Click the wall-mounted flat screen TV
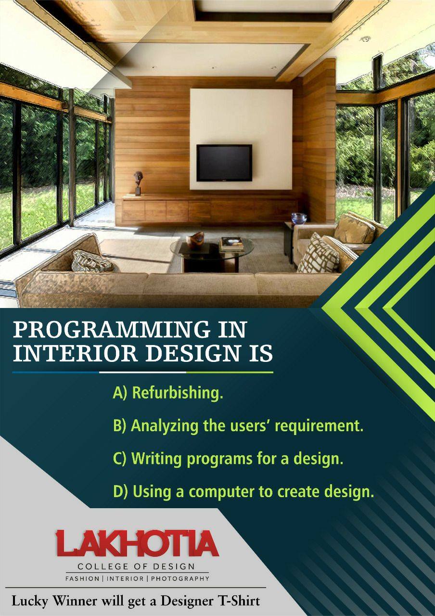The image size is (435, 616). (224, 163)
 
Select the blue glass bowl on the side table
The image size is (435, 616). (299, 218)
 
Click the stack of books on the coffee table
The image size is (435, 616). (231, 244)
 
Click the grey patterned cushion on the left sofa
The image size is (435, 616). (92, 261)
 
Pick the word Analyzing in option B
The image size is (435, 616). (165, 426)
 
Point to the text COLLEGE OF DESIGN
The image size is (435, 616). (136, 566)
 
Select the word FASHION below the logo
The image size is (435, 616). (82, 578)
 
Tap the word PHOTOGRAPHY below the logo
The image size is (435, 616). (180, 578)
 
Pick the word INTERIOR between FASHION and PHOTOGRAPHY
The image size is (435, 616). (125, 578)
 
